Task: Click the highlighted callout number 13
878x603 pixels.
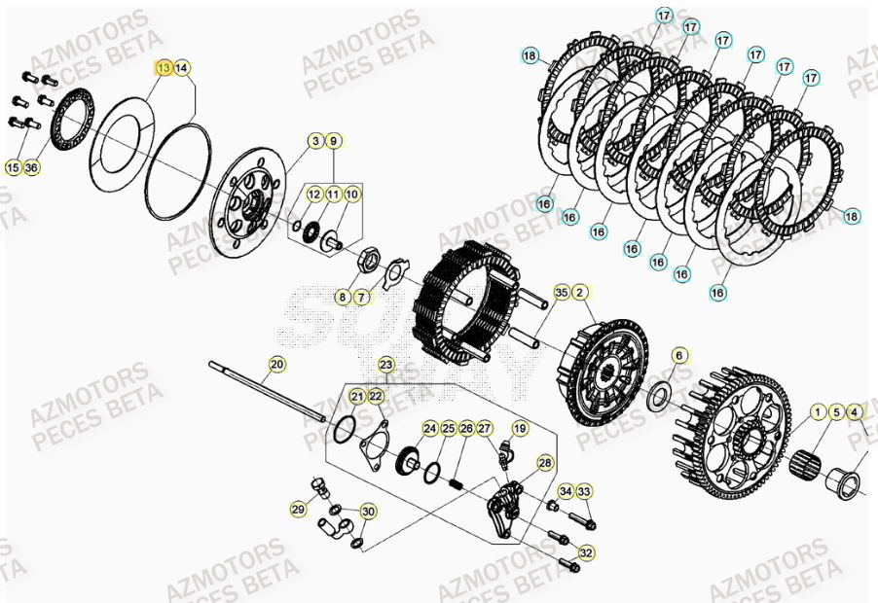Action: tap(164, 67)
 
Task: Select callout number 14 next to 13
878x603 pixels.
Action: tap(182, 67)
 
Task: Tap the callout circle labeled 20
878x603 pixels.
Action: tap(277, 365)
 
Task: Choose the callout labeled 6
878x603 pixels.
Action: tap(678, 355)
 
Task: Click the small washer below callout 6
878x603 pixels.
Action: tap(660, 396)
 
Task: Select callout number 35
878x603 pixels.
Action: tap(562, 292)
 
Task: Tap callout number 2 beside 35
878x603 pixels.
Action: tap(579, 292)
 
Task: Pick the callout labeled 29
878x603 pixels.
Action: tap(299, 509)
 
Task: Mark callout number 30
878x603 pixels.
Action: tap(367, 512)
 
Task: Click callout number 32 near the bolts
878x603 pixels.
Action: tap(586, 552)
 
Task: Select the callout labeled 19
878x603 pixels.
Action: tap(520, 428)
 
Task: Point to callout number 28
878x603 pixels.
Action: tap(545, 463)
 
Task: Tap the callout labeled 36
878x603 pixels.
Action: tap(32, 167)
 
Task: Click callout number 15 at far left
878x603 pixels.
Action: tap(13, 167)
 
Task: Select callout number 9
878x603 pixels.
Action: tap(333, 142)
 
